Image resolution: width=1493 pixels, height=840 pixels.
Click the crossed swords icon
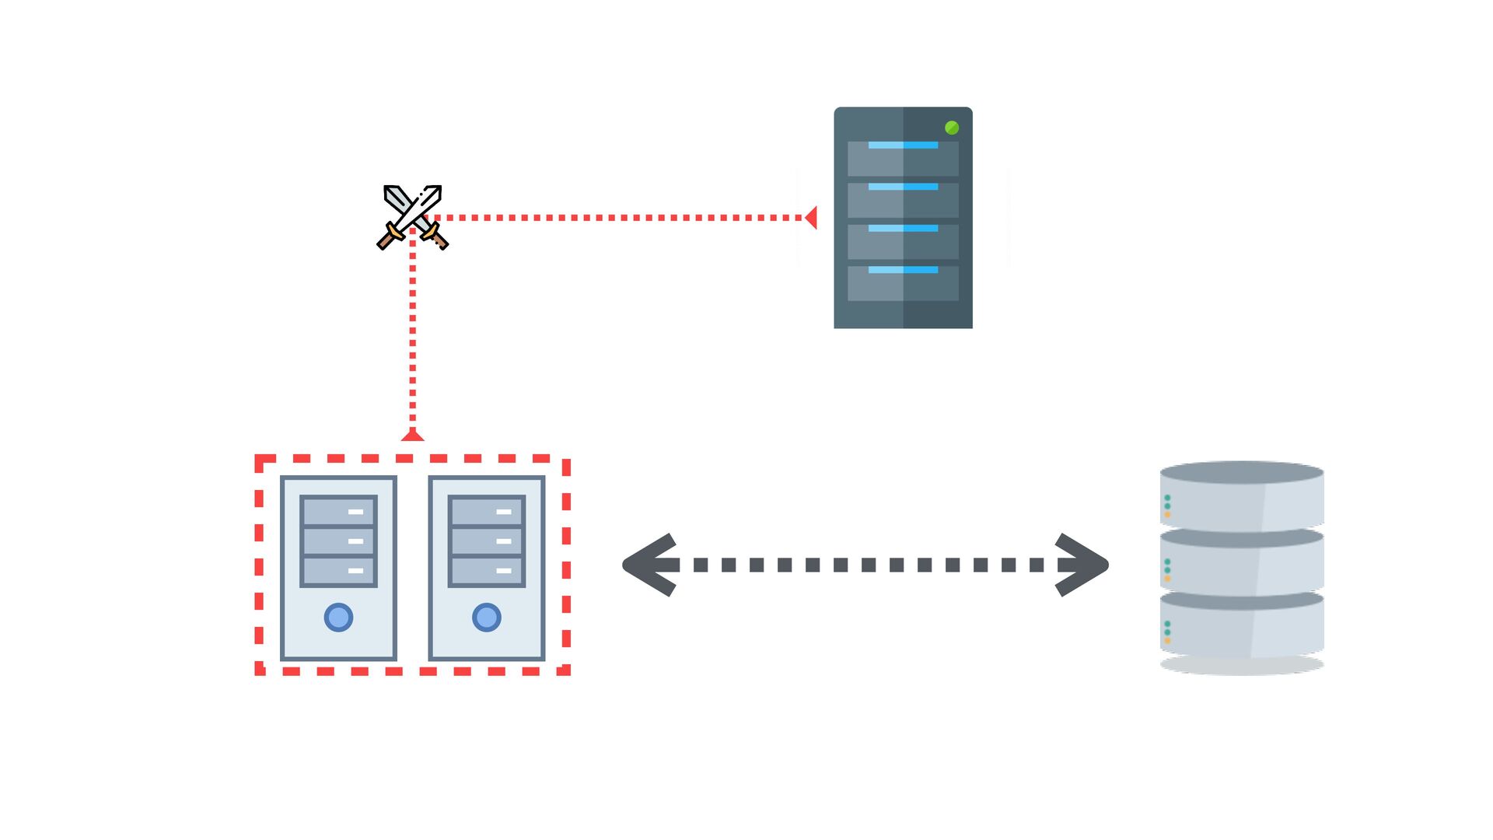pyautogui.click(x=412, y=217)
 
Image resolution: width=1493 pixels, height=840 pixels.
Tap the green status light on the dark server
pyautogui.click(x=952, y=128)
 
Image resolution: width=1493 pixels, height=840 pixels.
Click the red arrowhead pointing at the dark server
pyautogui.click(x=810, y=218)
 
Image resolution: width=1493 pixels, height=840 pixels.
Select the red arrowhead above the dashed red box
pyautogui.click(x=412, y=436)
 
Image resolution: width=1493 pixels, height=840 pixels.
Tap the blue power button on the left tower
pyautogui.click(x=338, y=618)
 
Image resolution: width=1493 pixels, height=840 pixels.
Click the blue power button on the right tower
pyautogui.click(x=487, y=618)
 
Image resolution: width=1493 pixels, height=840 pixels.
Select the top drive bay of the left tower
pyautogui.click(x=338, y=512)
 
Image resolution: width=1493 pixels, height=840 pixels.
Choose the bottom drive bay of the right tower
pyautogui.click(x=487, y=571)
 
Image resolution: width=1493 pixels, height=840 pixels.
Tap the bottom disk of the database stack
pyautogui.click(x=1242, y=626)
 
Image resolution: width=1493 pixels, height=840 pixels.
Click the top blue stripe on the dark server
pyautogui.click(x=903, y=145)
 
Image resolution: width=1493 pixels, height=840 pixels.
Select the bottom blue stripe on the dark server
pyautogui.click(x=903, y=270)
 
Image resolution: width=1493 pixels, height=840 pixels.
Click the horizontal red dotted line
pyautogui.click(x=622, y=218)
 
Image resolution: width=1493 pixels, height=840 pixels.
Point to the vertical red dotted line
pyautogui.click(x=412, y=334)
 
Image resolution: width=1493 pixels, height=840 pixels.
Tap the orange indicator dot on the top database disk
pyautogui.click(x=1167, y=515)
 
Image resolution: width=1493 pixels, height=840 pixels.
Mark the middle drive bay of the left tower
pyautogui.click(x=338, y=541)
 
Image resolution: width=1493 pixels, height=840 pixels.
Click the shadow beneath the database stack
pyautogui.click(x=1242, y=666)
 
